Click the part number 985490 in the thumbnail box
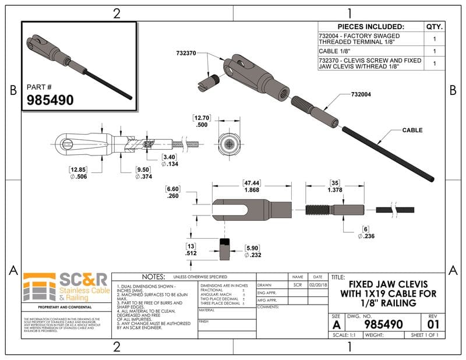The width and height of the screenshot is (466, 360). pyautogui.click(x=51, y=100)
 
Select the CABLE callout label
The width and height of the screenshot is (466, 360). pyautogui.click(x=412, y=130)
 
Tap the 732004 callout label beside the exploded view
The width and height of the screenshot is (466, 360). pyautogui.click(x=363, y=94)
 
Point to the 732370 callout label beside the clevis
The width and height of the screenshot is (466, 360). pyautogui.click(x=186, y=53)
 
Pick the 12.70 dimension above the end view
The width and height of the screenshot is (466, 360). pyautogui.click(x=202, y=121)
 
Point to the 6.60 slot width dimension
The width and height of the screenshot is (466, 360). pyautogui.click(x=174, y=192)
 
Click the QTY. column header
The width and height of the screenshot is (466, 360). pyautogui.click(x=435, y=27)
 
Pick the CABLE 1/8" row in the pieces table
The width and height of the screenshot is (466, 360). pyautogui.click(x=370, y=51)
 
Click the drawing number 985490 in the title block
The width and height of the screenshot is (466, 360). pyautogui.click(x=383, y=323)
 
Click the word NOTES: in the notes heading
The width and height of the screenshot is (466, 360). pyautogui.click(x=146, y=277)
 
